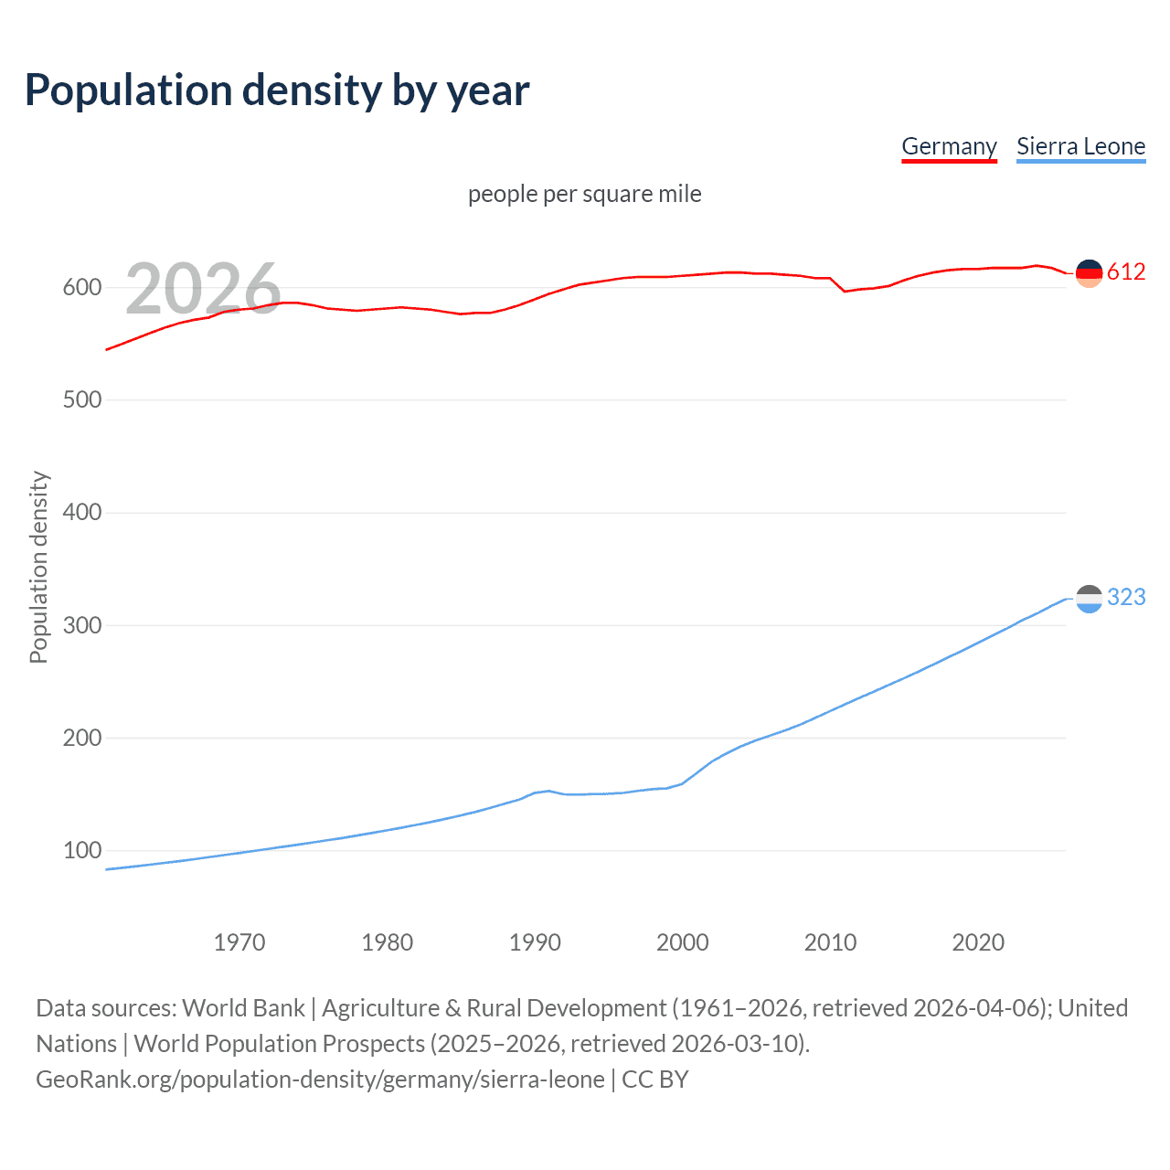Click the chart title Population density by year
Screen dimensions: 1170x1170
[x=277, y=90]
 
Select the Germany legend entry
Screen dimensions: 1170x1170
[x=949, y=146]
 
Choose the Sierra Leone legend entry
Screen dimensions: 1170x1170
[x=1080, y=146]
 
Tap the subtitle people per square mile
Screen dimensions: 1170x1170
[x=584, y=194]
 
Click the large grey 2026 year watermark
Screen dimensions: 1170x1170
[x=203, y=289]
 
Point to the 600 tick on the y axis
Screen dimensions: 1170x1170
[x=81, y=287]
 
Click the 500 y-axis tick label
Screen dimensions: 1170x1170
[x=81, y=399]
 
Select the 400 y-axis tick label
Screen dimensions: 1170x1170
[x=81, y=512]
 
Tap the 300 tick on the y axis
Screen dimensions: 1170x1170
[x=81, y=625]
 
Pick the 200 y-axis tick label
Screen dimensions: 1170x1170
[x=81, y=738]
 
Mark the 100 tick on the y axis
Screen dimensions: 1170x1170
[x=81, y=850]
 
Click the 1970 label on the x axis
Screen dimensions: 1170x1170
[x=239, y=942]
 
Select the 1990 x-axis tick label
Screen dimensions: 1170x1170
[x=535, y=942]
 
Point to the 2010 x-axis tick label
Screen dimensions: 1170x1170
[x=830, y=942]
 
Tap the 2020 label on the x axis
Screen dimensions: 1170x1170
[x=978, y=942]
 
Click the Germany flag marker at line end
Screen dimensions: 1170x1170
[x=1089, y=272]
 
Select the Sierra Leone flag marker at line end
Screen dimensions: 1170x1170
[x=1089, y=599]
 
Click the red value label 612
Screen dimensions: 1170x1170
[x=1126, y=271]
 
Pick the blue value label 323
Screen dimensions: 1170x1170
[x=1126, y=597]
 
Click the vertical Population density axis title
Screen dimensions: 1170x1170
[x=38, y=567]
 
